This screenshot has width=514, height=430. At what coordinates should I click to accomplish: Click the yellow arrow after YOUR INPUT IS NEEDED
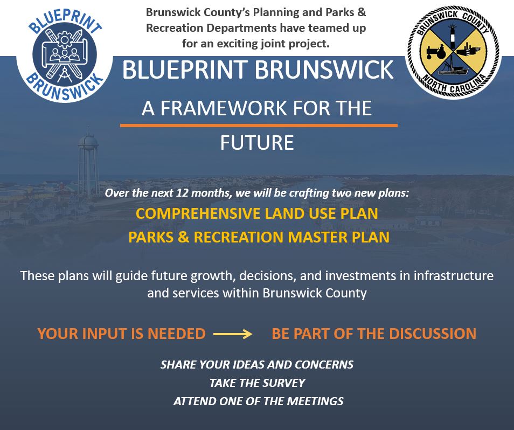(x=233, y=334)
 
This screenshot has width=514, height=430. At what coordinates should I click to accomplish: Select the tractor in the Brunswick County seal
(x=436, y=51)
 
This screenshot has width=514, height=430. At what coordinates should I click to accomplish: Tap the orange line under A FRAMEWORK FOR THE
(x=259, y=125)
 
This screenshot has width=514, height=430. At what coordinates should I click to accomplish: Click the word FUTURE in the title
(x=257, y=143)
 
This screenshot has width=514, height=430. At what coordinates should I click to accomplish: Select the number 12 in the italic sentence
(x=182, y=193)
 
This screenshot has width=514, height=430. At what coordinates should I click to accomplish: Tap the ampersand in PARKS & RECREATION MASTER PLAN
(x=184, y=237)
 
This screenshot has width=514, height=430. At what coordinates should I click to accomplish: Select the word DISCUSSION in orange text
(x=433, y=334)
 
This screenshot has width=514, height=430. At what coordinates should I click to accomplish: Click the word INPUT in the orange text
(x=105, y=334)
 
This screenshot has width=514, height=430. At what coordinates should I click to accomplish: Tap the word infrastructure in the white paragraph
(x=453, y=276)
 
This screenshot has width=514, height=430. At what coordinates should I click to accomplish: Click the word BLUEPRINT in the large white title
(x=185, y=70)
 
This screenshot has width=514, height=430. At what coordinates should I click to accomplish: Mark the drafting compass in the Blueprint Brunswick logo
(x=65, y=74)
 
